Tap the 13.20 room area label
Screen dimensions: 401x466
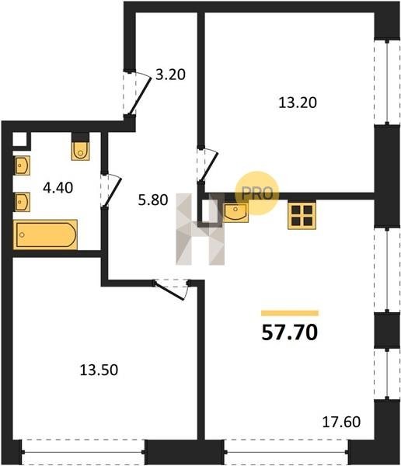point(298,103)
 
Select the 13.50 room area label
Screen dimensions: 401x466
point(99,370)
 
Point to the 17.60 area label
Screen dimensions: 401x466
point(341,422)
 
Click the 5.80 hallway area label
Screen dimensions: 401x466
point(153,200)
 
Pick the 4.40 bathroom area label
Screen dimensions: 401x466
point(58,188)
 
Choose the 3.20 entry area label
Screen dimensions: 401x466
point(171,75)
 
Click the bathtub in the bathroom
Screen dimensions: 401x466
point(46,235)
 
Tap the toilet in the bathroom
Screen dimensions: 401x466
point(80,151)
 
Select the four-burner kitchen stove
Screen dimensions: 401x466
point(302,216)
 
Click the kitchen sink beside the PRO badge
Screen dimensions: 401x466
point(235,213)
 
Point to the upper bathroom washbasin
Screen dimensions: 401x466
point(23,165)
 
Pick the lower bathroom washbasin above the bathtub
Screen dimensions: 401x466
point(23,202)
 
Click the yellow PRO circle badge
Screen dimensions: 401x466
point(257,193)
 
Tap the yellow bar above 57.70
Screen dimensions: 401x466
point(290,313)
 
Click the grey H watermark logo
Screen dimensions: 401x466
point(200,229)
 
